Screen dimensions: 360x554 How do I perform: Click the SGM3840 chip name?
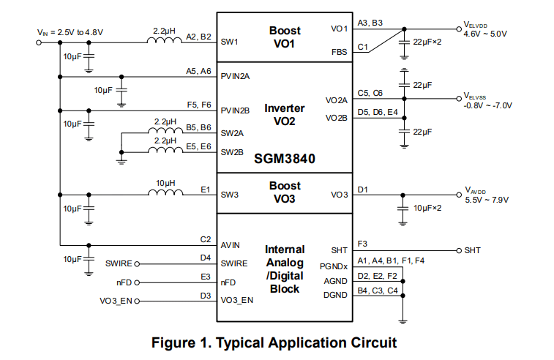pos(285,157)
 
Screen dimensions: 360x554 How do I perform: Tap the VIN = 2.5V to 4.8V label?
pos(70,32)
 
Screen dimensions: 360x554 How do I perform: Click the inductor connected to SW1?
pos(165,42)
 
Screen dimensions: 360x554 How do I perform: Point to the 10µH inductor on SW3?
pos(165,194)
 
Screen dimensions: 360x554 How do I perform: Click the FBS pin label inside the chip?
pos(339,52)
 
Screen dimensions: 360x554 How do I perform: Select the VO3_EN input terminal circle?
pos(136,300)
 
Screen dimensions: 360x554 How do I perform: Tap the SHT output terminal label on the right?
pos(472,250)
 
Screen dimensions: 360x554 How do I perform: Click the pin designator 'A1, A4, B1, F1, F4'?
pos(391,261)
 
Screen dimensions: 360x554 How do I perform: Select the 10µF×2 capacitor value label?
pos(427,209)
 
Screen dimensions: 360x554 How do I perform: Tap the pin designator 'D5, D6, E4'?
pos(378,112)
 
